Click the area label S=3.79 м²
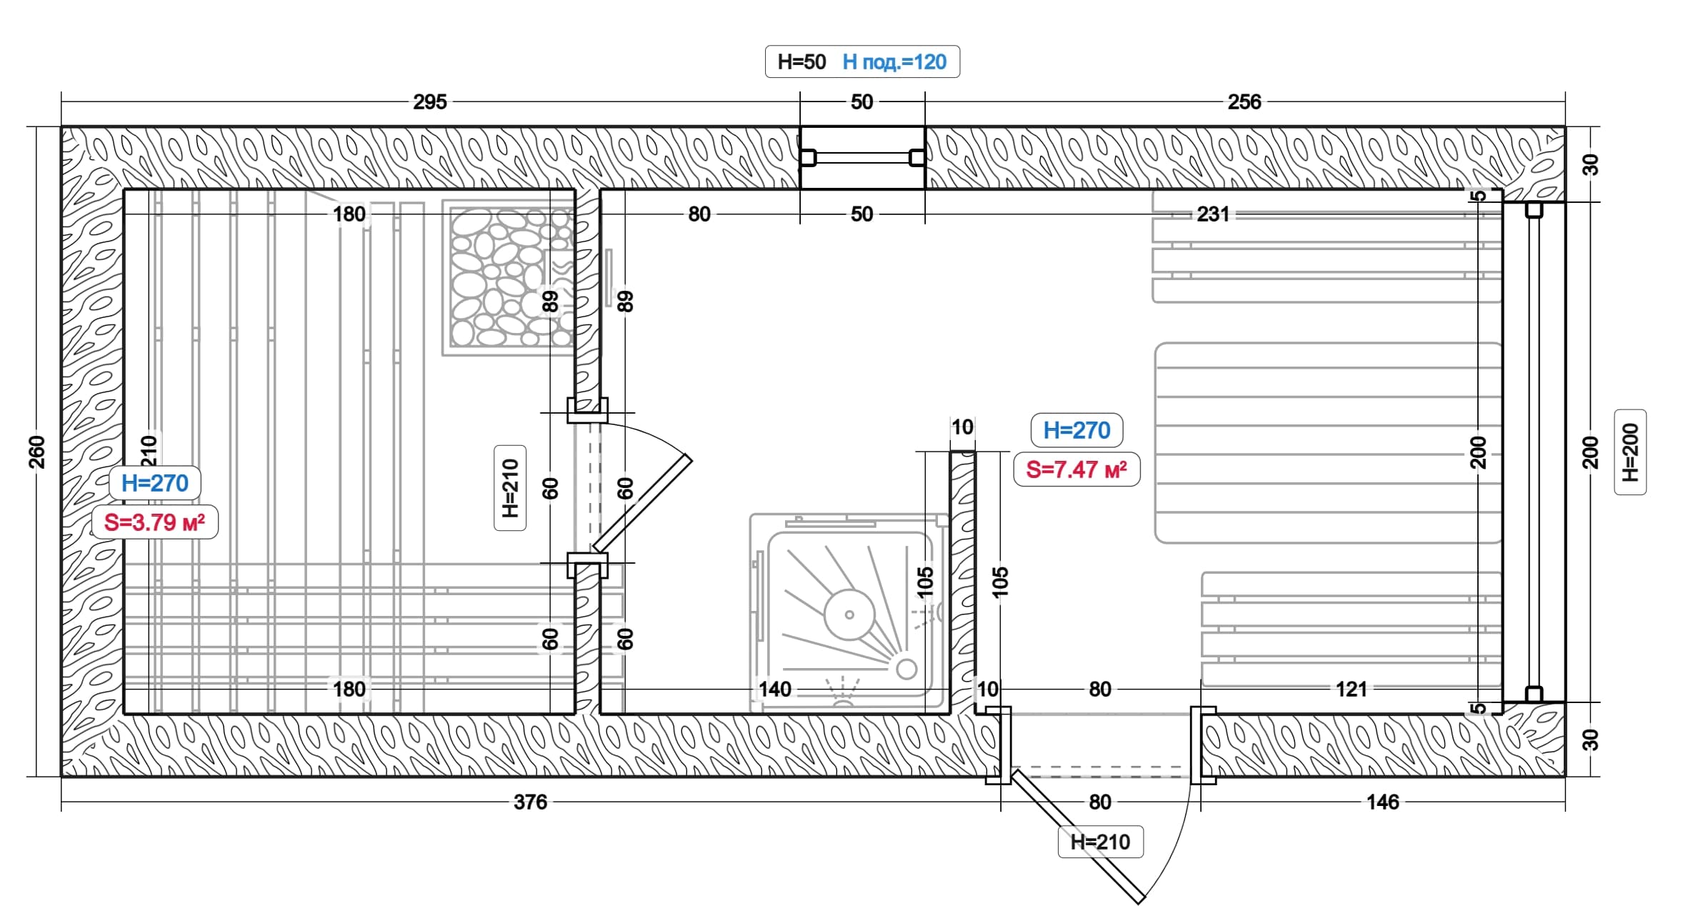(x=155, y=522)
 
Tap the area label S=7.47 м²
(x=1077, y=469)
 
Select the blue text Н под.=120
(x=894, y=62)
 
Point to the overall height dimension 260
(x=36, y=452)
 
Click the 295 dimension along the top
(x=430, y=102)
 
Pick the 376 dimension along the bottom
(x=530, y=802)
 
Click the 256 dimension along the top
(x=1244, y=102)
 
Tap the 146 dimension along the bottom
(x=1383, y=802)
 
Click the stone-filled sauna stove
(x=509, y=277)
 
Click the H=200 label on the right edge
(x=1630, y=452)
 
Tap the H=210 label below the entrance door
(x=1100, y=842)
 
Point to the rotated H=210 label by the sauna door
(x=510, y=488)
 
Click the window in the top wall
(x=862, y=158)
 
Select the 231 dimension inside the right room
(x=1213, y=214)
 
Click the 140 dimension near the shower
(x=775, y=690)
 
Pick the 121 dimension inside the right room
(x=1352, y=690)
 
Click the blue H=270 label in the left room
(x=155, y=483)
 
